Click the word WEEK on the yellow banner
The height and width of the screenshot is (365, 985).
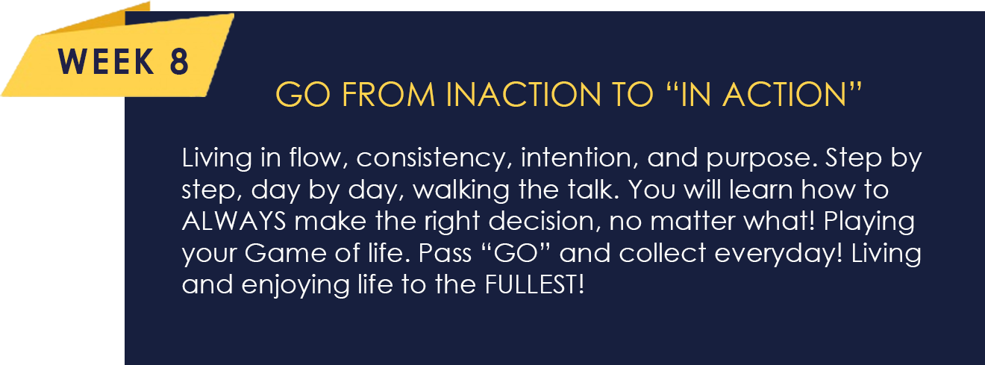[106, 61]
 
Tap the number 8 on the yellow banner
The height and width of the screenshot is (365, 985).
[179, 61]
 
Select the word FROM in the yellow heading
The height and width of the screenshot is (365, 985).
[388, 95]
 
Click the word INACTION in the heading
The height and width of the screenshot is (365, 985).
[524, 95]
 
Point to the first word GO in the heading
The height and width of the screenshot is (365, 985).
[303, 95]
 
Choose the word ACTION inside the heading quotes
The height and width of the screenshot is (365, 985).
[784, 95]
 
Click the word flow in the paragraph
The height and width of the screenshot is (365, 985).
[315, 158]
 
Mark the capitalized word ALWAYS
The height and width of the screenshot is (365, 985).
[234, 221]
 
